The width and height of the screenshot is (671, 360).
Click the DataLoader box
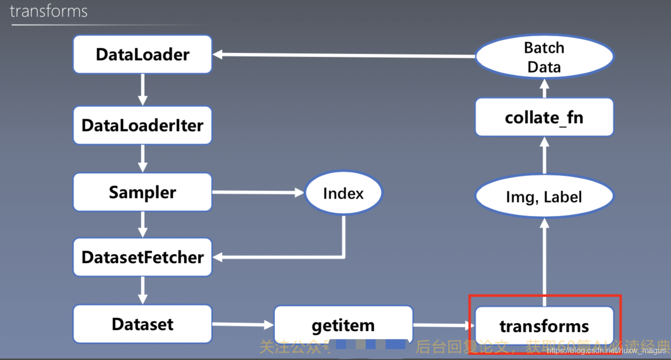coord(143,55)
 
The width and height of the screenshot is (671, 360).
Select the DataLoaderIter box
coord(143,125)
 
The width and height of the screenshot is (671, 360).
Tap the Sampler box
coord(143,192)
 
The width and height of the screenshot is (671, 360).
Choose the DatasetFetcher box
coord(143,257)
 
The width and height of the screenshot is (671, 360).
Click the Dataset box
coord(143,324)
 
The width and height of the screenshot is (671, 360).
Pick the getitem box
coord(343,325)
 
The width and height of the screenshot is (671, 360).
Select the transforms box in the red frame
coord(544,326)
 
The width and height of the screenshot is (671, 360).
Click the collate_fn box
coord(544,118)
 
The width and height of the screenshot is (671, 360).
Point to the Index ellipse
coord(343,193)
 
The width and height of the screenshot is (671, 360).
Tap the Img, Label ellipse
coord(544,196)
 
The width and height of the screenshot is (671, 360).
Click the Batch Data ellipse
coord(544,57)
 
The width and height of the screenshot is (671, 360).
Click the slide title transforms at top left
coord(49,11)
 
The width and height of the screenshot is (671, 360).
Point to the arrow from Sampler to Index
coord(258,192)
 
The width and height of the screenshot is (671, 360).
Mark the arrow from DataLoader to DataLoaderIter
coord(143,90)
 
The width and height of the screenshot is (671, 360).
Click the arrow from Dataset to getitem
coord(243,325)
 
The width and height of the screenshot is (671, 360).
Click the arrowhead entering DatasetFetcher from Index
coord(218,257)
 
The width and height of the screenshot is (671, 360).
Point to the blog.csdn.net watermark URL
coord(607,351)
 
